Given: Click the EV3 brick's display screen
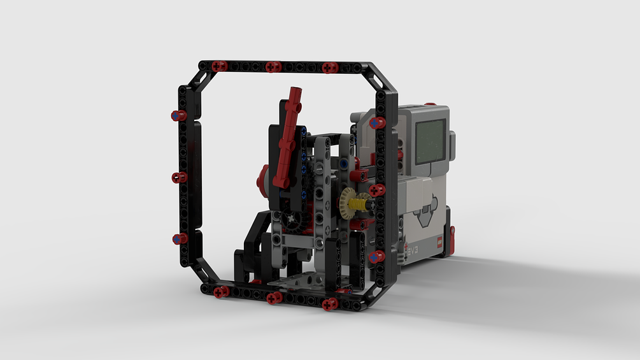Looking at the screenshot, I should click(x=430, y=140).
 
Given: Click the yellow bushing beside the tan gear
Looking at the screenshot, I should click(x=361, y=204).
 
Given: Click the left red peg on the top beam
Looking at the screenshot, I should click(x=219, y=66).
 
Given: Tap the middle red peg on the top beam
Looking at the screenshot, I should click(x=273, y=66).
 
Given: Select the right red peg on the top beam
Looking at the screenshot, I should click(x=329, y=67).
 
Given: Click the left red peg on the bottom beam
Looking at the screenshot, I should click(x=221, y=292).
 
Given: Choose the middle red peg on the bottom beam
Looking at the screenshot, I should click(x=274, y=298).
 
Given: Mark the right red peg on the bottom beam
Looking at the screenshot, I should click(x=330, y=304).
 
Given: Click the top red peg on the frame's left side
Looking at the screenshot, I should click(x=178, y=115).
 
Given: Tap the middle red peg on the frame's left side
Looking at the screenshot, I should click(x=179, y=177).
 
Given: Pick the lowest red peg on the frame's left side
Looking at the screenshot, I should click(x=180, y=238).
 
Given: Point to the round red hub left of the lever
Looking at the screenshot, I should click(x=262, y=179).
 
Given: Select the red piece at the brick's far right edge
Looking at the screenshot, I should click(x=452, y=237).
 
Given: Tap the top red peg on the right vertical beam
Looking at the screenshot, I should click(x=377, y=122).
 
